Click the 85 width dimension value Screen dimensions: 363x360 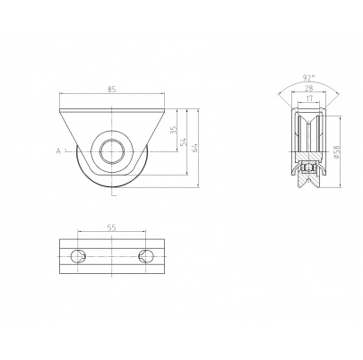click(x=111, y=89)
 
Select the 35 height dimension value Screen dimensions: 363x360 click(x=175, y=129)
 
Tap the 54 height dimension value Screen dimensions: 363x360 click(x=184, y=142)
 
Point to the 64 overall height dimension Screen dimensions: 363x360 click(x=194, y=148)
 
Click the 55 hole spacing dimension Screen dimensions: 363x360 click(x=111, y=227)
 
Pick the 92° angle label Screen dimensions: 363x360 click(x=308, y=78)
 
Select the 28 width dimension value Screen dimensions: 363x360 click(x=308, y=88)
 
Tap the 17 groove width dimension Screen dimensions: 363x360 click(x=309, y=98)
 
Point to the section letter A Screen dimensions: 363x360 click(x=58, y=151)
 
